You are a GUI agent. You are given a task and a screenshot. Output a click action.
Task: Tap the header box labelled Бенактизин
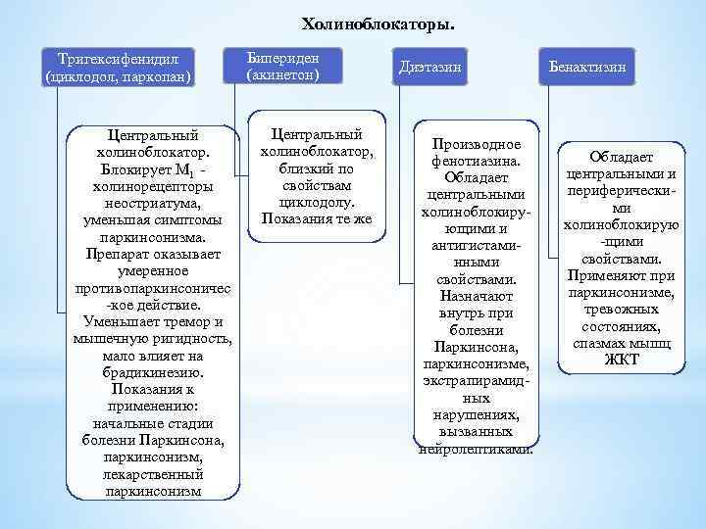point(586,67)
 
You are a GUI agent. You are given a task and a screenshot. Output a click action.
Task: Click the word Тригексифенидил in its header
point(122,59)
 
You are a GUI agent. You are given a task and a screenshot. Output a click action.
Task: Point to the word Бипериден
point(283,58)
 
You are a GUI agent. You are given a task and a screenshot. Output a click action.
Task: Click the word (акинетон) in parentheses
point(283,74)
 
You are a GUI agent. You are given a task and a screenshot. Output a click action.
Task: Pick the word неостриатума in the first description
point(152,203)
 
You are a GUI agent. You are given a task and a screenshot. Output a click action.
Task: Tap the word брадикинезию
point(152,372)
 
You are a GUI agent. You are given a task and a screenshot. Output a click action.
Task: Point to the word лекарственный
point(152,474)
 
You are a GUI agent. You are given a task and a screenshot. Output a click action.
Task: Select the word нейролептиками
point(476,449)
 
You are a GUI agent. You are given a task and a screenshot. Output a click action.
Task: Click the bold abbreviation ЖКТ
point(622,360)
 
